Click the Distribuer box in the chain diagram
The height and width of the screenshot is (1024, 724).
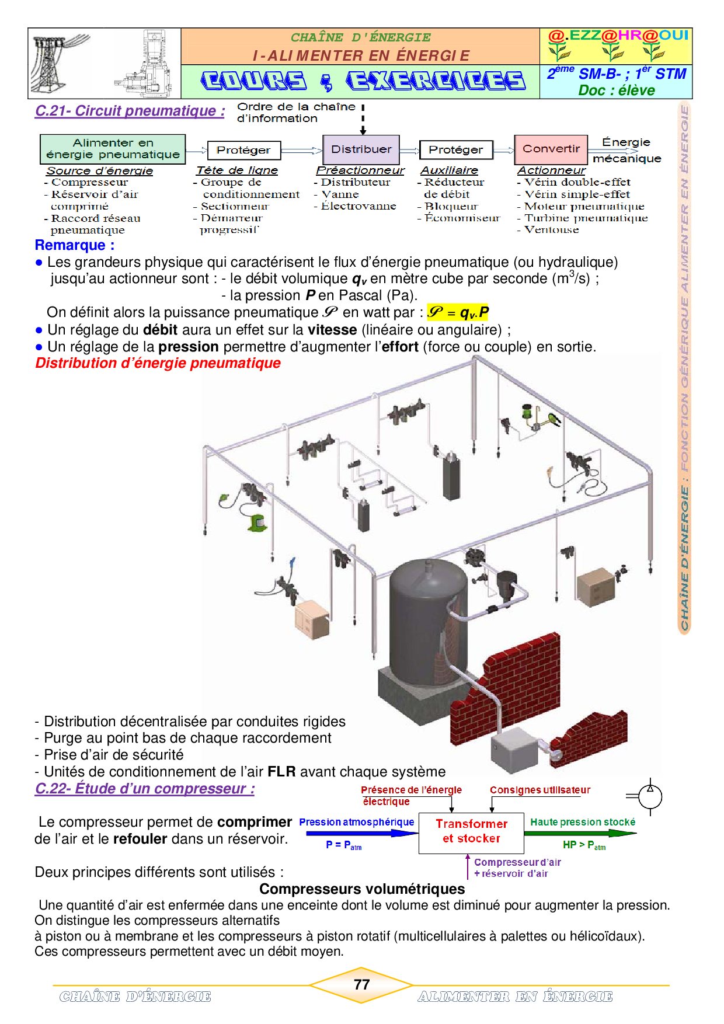[361, 149]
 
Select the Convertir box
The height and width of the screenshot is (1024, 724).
[551, 149]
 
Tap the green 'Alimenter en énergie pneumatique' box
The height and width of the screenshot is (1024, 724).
[113, 149]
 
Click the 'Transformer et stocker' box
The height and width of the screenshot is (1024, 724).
[471, 833]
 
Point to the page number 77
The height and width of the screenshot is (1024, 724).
[362, 984]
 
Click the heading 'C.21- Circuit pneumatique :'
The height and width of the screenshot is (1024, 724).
[130, 111]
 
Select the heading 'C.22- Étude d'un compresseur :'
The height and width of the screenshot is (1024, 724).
[145, 789]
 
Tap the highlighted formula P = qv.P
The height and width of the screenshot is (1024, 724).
[458, 312]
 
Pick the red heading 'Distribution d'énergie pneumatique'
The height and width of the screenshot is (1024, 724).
[158, 363]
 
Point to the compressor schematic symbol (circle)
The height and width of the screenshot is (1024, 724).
[650, 796]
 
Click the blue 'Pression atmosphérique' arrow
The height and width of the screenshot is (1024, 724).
[360, 833]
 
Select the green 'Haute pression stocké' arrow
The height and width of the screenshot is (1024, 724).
[580, 833]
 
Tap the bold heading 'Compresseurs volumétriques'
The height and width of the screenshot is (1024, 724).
[362, 889]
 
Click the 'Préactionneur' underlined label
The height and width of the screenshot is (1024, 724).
[360, 170]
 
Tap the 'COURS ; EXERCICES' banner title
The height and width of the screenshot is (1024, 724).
[363, 81]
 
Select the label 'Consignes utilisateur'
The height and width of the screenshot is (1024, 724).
[540, 790]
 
